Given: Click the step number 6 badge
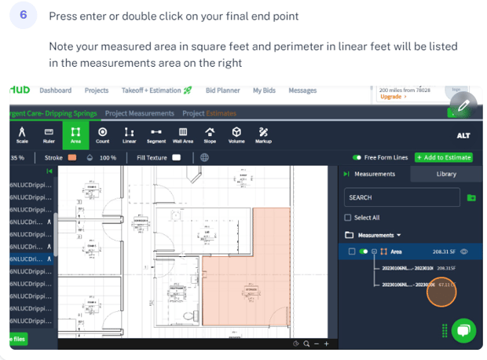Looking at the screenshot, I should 23,17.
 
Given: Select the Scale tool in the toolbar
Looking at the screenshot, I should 21,135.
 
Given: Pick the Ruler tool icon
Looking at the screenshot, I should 49,135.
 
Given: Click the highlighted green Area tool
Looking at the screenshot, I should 75,135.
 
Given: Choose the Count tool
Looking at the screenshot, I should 103,135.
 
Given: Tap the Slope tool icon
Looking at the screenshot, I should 210,135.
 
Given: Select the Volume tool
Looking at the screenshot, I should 236,135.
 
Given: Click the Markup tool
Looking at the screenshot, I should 263,135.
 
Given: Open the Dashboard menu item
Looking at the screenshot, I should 55,91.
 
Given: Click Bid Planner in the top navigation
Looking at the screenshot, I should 223,91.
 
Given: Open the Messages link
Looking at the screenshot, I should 302,91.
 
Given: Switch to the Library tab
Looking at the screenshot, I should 446,174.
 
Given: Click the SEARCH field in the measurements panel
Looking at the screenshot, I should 401,197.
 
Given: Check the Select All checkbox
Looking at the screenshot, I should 349,218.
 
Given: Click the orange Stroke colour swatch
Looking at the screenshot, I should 72,157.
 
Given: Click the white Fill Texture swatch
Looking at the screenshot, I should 177,157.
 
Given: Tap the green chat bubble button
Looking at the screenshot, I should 463,330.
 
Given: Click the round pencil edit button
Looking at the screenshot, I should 463,105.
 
